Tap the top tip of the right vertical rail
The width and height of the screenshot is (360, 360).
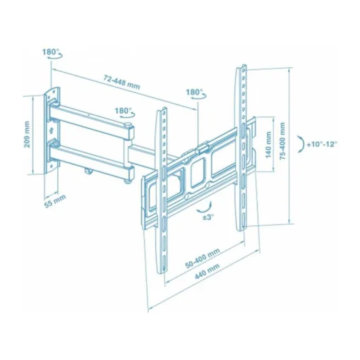pos(239,66)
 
